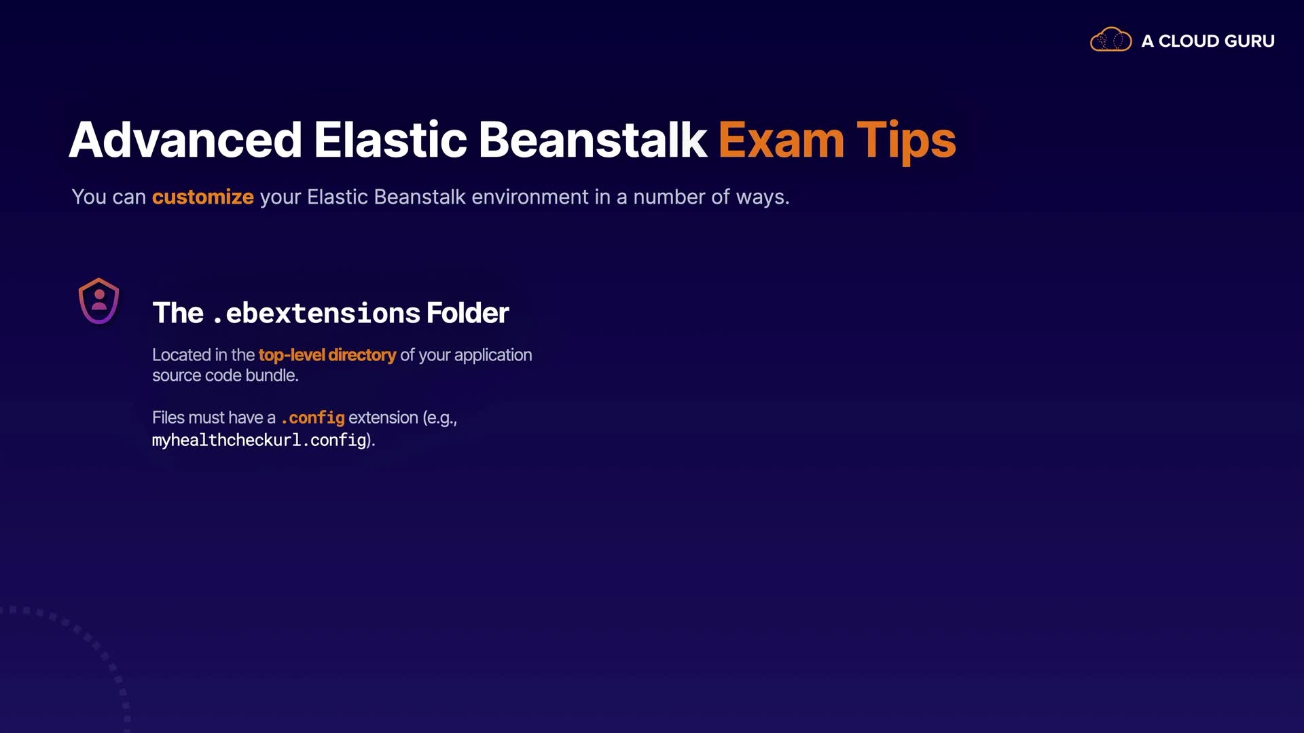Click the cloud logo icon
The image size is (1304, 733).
click(x=1110, y=39)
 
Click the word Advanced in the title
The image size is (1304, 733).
click(x=185, y=140)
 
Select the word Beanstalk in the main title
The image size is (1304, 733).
click(x=593, y=140)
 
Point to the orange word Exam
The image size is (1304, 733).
click(x=782, y=140)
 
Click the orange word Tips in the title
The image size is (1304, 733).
click(x=906, y=141)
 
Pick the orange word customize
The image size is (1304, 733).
click(x=203, y=197)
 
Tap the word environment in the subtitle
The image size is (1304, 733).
click(x=530, y=197)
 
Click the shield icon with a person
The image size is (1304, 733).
click(x=99, y=301)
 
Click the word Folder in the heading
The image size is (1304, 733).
click(x=467, y=313)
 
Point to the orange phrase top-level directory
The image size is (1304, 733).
click(x=327, y=355)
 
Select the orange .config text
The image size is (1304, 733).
click(x=313, y=418)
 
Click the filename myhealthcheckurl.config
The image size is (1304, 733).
click(x=259, y=440)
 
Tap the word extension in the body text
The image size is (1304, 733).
click(x=383, y=417)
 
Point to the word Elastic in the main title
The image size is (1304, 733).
click(x=391, y=140)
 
